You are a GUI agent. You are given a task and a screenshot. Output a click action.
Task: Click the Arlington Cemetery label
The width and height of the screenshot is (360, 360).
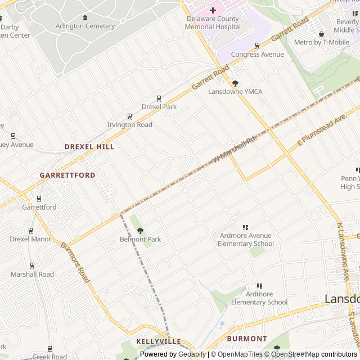coord(85,26)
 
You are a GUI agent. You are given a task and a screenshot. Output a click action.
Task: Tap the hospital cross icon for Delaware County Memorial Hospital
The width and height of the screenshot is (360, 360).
coord(213,10)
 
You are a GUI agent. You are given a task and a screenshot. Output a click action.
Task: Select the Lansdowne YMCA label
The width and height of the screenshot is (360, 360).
coord(235,92)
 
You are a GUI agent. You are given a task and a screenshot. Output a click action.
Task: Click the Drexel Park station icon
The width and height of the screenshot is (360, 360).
coord(159,98)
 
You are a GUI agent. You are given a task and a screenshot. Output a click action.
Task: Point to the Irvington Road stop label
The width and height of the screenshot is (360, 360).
coord(129,125)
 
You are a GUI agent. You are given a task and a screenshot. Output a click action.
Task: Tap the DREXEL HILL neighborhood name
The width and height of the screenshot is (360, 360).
coord(89,146)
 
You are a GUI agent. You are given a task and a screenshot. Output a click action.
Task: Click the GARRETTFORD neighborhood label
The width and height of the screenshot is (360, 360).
coord(67,175)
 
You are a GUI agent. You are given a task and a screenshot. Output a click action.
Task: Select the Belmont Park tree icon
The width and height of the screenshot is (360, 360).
coord(140,231)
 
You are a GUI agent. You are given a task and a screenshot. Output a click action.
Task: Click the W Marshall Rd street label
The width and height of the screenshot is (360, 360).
coord(235,149)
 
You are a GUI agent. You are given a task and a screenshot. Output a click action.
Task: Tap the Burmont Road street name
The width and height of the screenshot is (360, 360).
coord(75,262)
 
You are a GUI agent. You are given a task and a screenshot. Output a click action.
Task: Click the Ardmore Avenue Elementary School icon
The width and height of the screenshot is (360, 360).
coord(245,227)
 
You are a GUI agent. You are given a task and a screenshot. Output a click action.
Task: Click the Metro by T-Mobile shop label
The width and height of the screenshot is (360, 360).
coord(322,42)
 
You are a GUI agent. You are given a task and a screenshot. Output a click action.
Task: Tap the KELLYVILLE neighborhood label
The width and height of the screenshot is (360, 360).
coord(159,341)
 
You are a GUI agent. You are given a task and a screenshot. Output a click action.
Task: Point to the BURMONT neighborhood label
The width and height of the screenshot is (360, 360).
coord(247,339)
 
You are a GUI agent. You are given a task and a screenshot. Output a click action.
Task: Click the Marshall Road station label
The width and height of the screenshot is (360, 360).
coord(32,274)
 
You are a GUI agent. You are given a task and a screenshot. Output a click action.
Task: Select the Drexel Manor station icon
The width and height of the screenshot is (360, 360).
coord(30,230)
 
